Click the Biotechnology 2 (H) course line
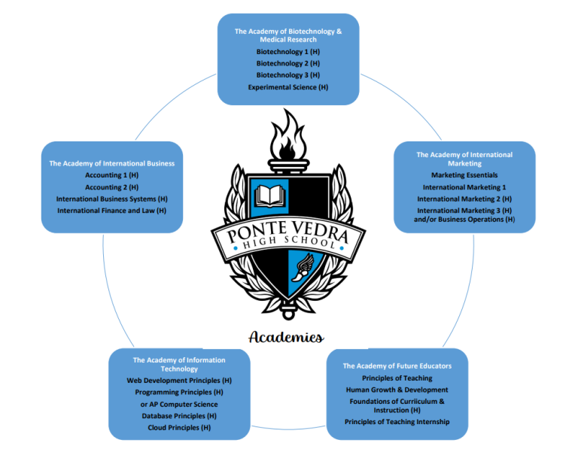288,63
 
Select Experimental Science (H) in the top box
288,87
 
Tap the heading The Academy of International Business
112,163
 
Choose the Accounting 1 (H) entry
112,174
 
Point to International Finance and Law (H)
112,211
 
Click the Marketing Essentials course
464,175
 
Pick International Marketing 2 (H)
464,199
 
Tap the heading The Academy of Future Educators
397,366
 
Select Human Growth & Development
397,390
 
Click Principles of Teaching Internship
397,422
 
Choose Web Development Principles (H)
179,381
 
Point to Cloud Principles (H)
179,427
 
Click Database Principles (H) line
179,416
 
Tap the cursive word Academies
287,336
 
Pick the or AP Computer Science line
179,404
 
